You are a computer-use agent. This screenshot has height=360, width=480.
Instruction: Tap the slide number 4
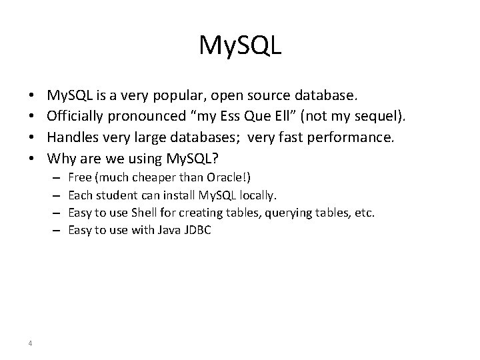click(31, 343)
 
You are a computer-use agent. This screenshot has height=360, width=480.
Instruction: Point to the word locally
click(256, 195)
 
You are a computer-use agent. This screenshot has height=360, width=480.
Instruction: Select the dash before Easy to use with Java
click(54, 230)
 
